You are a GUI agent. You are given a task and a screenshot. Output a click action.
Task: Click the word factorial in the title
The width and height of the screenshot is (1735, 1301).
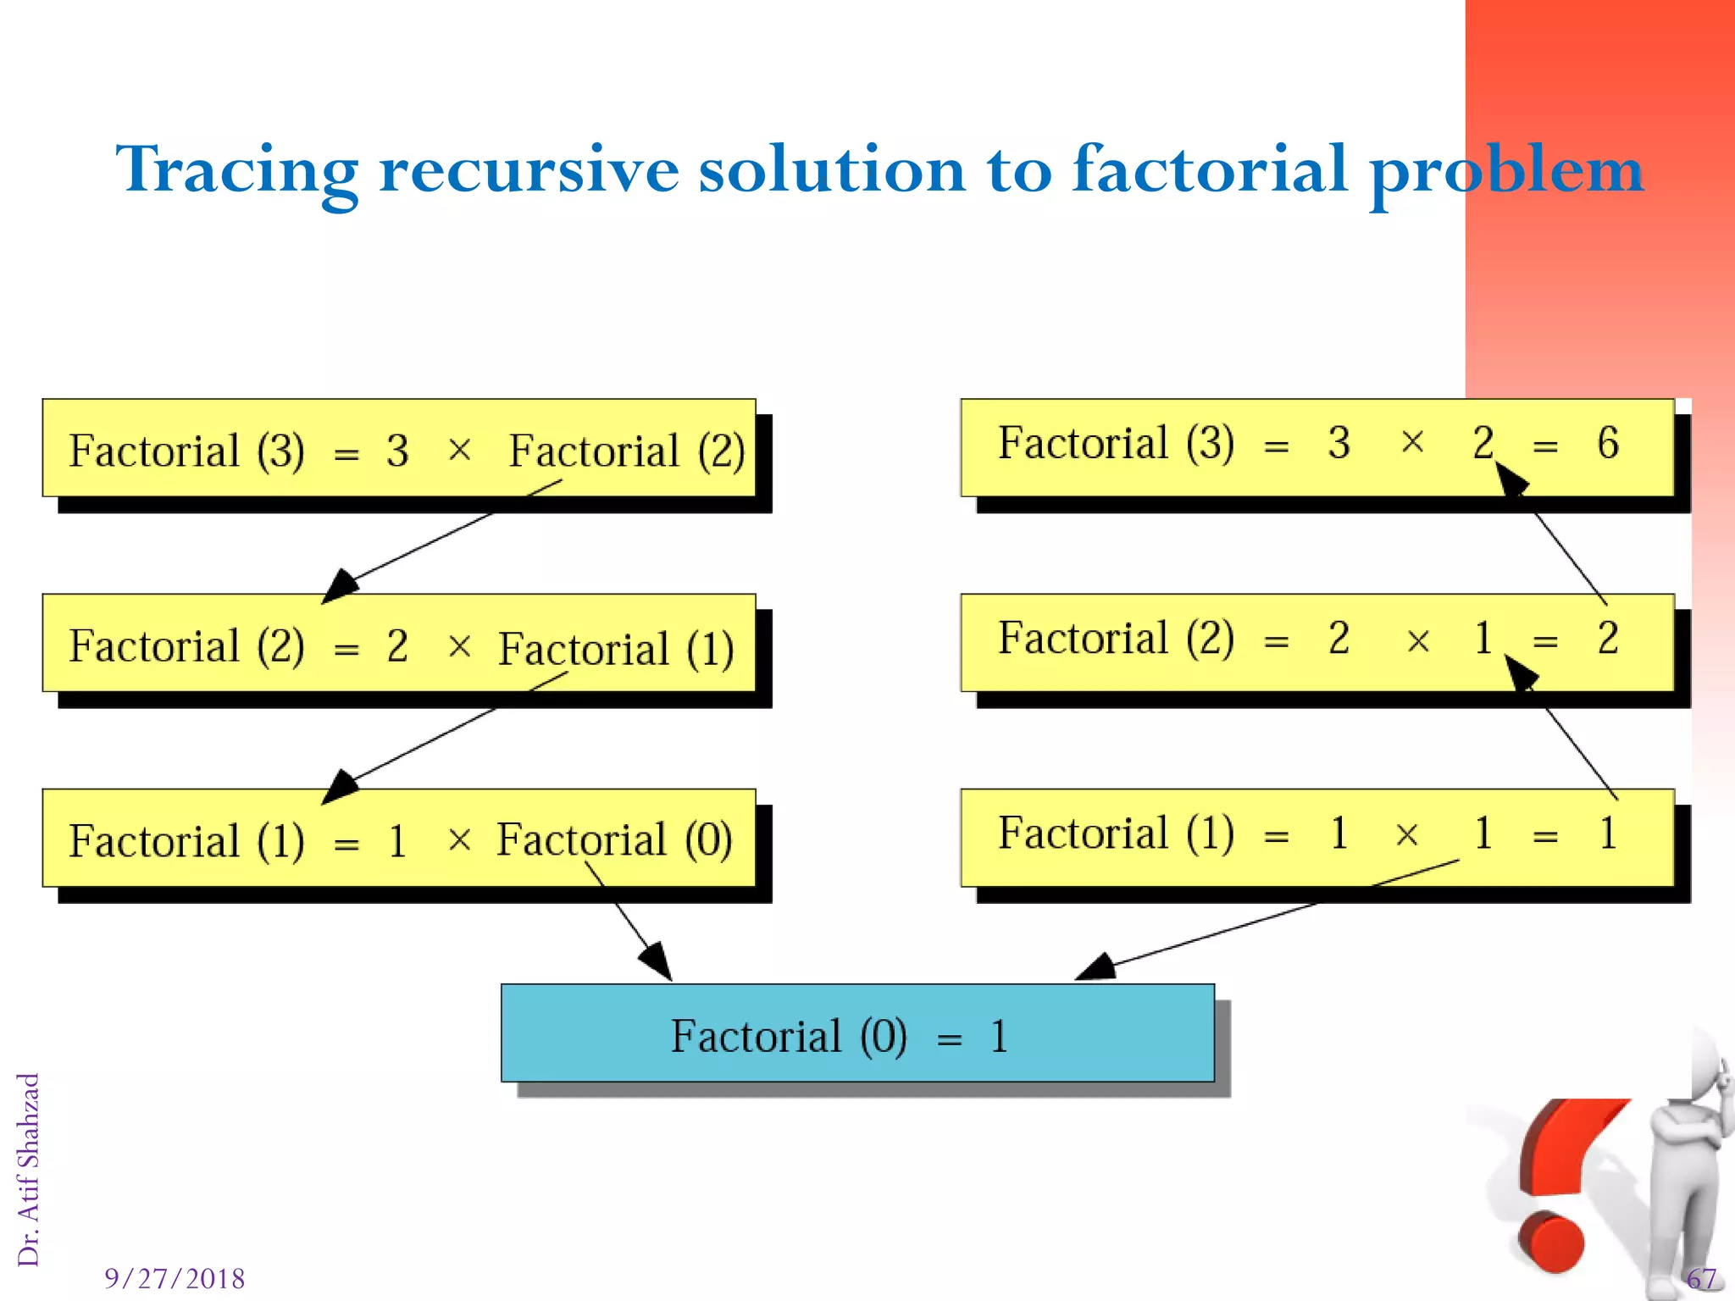pos(1209,169)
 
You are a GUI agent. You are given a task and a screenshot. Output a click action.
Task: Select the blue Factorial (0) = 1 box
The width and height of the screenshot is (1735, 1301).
pos(857,1033)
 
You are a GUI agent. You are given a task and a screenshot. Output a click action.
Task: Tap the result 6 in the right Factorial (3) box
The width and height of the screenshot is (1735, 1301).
pos(1607,444)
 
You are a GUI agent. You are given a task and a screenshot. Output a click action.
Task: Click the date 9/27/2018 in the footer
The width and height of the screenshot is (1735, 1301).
pos(175,1278)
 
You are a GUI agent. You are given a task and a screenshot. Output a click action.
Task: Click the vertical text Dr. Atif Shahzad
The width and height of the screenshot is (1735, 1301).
pos(29,1170)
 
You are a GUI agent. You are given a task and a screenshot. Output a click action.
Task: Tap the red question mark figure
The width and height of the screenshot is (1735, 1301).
pos(1563,1186)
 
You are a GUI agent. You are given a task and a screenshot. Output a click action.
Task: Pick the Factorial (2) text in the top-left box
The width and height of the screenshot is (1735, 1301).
pos(626,451)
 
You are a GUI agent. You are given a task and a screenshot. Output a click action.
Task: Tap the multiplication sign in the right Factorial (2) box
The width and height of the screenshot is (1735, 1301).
pos(1418,641)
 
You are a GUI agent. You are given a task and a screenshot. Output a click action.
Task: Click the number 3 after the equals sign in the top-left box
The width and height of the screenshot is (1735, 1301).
pos(397,451)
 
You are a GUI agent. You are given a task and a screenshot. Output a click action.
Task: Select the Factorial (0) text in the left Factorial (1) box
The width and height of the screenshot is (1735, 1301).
pos(614,840)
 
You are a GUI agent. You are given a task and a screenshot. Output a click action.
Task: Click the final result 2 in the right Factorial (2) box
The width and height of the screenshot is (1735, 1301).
pos(1607,639)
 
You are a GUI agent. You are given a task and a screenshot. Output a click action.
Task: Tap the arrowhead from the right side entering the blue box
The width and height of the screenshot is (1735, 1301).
pos(1096,967)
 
